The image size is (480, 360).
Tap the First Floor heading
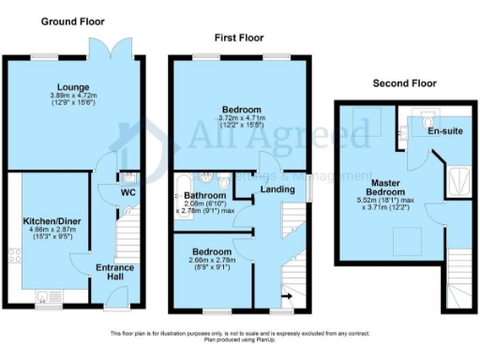tap(237, 37)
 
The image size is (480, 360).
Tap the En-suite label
tap(444, 132)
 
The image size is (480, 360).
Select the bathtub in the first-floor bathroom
tap(179, 197)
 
